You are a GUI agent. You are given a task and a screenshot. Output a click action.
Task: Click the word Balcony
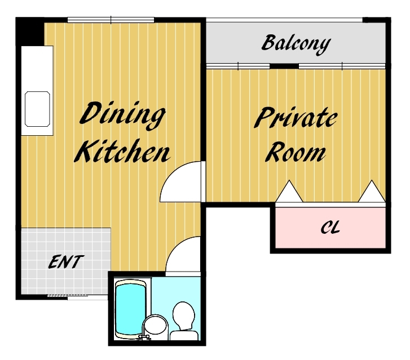pyautogui.click(x=296, y=45)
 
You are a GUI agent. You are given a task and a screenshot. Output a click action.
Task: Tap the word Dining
pyautogui.click(x=122, y=115)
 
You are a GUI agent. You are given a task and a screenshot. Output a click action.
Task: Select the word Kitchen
pyautogui.click(x=122, y=151)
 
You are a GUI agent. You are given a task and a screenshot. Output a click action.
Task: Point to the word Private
pyautogui.click(x=296, y=118)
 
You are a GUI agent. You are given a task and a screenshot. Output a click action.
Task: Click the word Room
pyautogui.click(x=296, y=152)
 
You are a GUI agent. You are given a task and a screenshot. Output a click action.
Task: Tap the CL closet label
pyautogui.click(x=330, y=227)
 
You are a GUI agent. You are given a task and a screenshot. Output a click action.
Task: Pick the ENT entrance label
pyautogui.click(x=65, y=262)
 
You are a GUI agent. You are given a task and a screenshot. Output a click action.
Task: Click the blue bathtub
pyautogui.click(x=130, y=309)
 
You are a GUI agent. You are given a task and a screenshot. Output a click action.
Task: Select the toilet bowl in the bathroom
pyautogui.click(x=184, y=315)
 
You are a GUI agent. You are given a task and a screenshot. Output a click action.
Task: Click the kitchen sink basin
pyautogui.click(x=37, y=109)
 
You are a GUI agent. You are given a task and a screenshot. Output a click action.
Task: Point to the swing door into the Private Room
pyautogui.click(x=180, y=181)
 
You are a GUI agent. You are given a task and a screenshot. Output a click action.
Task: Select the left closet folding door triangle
pyautogui.click(x=289, y=192)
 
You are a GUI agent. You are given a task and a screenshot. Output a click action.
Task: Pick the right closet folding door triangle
pyautogui.click(x=372, y=192)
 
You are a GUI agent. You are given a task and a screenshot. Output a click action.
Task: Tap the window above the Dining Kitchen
pyautogui.click(x=111, y=20)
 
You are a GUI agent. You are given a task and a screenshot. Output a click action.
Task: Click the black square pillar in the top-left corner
pyautogui.click(x=30, y=32)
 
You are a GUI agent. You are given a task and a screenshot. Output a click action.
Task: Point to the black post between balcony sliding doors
pyautogui.click(x=284, y=66)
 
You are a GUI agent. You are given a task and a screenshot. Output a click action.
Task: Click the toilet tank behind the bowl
pyautogui.click(x=184, y=335)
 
